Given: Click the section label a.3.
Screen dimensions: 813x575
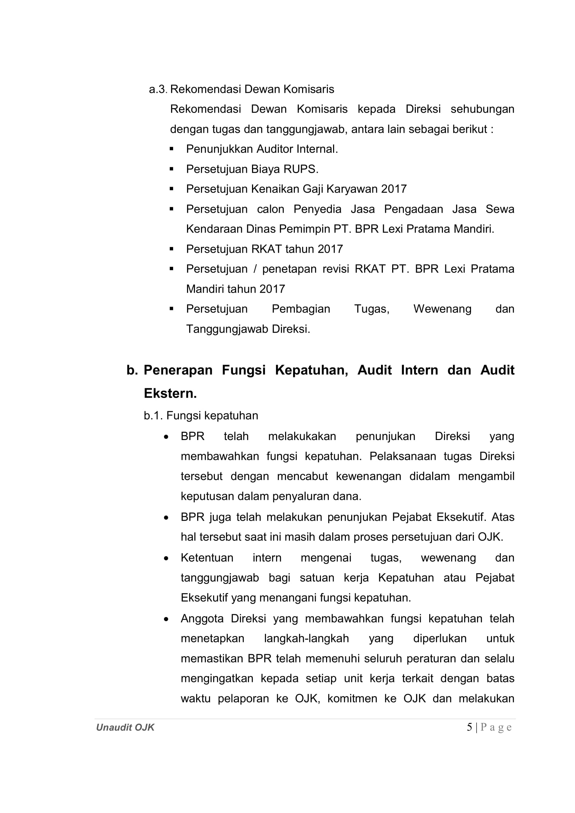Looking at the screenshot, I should pyautogui.click(x=157, y=89).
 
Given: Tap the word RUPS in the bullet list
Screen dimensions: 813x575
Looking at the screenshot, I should pyautogui.click(x=301, y=169).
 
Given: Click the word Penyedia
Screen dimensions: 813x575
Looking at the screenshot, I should pyautogui.click(x=317, y=209).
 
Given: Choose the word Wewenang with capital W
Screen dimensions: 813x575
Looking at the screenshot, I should pyautogui.click(x=442, y=309).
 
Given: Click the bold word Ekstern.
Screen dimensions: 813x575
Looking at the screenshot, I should pyautogui.click(x=170, y=393).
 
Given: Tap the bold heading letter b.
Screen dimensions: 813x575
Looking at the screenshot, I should pyautogui.click(x=132, y=370).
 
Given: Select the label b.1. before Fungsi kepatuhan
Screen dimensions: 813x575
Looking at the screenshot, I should pyautogui.click(x=153, y=415).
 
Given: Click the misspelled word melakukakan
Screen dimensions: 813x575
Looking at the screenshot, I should pyautogui.click(x=302, y=436).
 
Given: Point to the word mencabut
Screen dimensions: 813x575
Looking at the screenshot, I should pyautogui.click(x=302, y=476).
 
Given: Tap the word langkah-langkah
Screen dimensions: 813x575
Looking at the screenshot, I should pyautogui.click(x=306, y=639).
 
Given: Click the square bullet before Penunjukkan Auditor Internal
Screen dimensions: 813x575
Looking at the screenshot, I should pyautogui.click(x=171, y=149).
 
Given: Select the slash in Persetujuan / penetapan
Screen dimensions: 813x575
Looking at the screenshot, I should pyautogui.click(x=254, y=269).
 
